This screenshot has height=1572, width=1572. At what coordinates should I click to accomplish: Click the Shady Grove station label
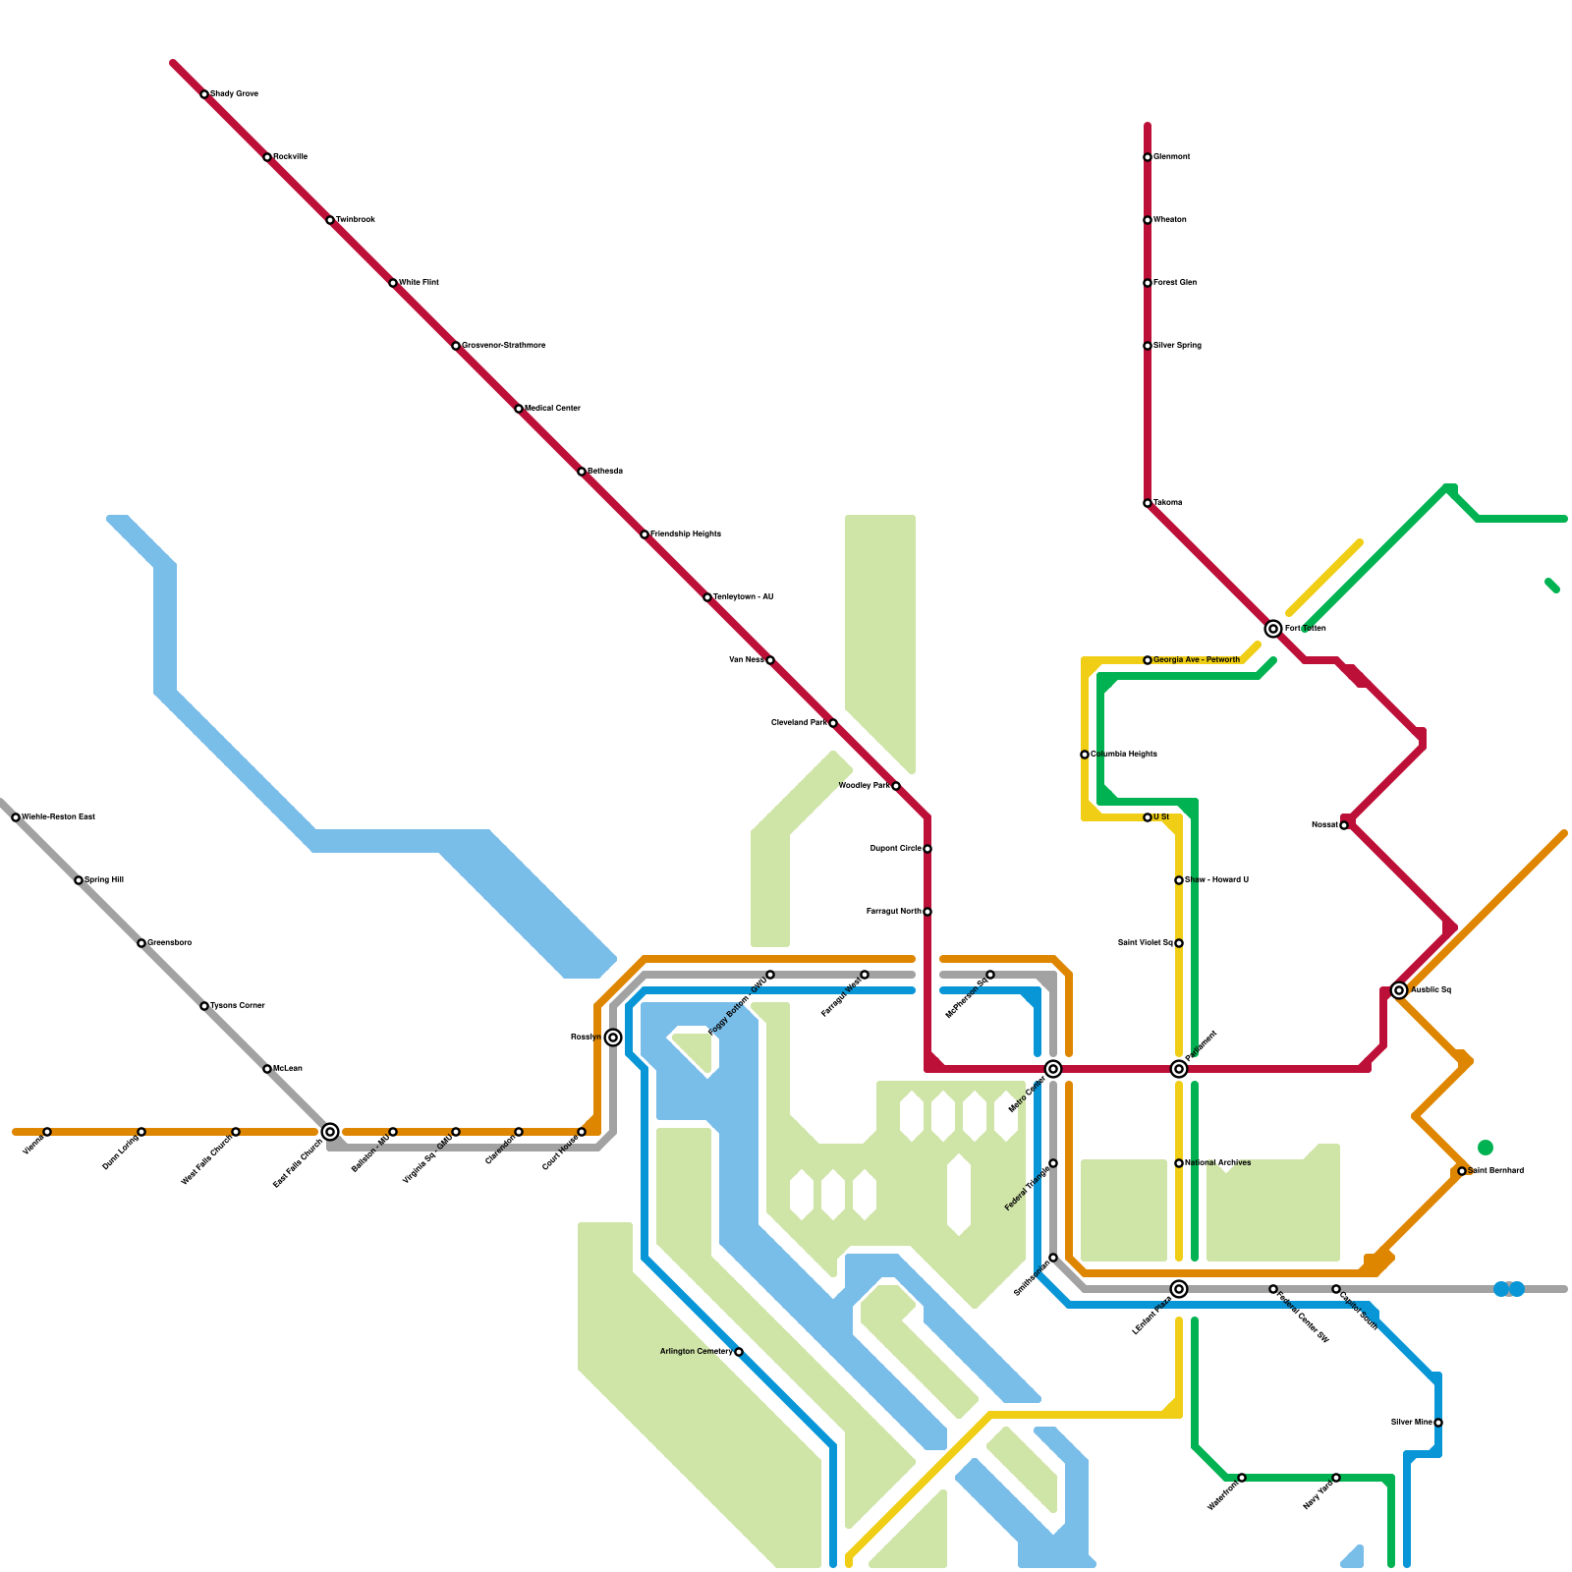(234, 94)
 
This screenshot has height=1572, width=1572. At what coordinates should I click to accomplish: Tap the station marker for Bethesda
(582, 472)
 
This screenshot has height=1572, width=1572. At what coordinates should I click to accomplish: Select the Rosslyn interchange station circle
(613, 1038)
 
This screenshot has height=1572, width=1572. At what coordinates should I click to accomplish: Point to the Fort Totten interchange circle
(1273, 629)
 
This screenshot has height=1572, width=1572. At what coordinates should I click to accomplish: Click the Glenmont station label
(1171, 157)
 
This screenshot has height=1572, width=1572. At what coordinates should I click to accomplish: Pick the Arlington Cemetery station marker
(739, 1352)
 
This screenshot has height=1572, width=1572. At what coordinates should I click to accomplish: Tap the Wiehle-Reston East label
(58, 817)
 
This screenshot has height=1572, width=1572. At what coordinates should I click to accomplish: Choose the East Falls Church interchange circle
(330, 1132)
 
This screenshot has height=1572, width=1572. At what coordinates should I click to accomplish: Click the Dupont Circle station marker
(927, 849)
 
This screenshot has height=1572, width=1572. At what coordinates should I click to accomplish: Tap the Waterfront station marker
(1242, 1478)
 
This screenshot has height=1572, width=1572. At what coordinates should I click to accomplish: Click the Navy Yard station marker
(1336, 1478)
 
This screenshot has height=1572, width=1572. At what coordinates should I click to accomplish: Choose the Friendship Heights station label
(685, 534)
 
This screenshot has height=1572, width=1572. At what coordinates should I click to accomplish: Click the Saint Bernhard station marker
(1462, 1171)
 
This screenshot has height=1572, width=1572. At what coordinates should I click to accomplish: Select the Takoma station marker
(1148, 503)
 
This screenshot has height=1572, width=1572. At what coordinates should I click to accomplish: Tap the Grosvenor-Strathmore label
(503, 346)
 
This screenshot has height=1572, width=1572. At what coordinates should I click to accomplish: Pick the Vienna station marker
(47, 1132)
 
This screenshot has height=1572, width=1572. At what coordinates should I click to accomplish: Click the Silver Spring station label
(1177, 346)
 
